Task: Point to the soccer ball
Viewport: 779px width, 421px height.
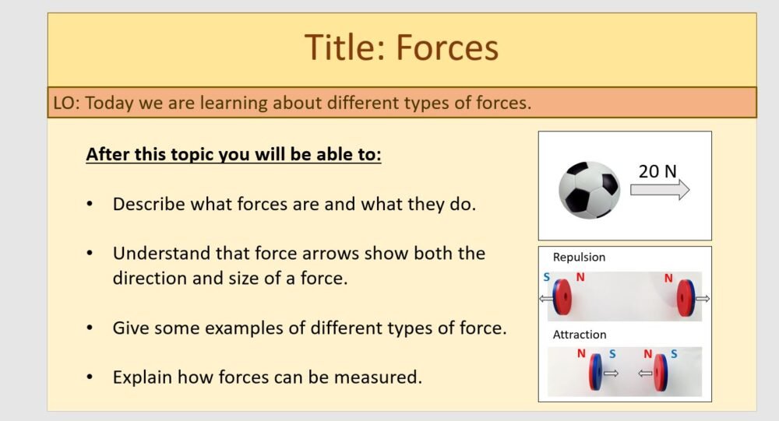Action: [x=588, y=189]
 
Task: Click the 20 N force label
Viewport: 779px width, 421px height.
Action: [x=657, y=171]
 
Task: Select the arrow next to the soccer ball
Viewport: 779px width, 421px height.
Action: [x=660, y=190]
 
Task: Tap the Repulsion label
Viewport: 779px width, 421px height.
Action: [x=579, y=257]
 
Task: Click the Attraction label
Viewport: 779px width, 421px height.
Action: [x=580, y=335]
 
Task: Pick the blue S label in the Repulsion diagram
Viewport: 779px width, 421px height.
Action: [x=547, y=276]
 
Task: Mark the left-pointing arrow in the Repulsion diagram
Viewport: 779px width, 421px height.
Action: [x=545, y=299]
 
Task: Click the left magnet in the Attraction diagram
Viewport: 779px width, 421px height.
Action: [x=596, y=373]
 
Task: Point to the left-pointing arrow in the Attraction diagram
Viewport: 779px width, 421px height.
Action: [x=645, y=374]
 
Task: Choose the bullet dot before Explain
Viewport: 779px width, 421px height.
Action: [x=90, y=377]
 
